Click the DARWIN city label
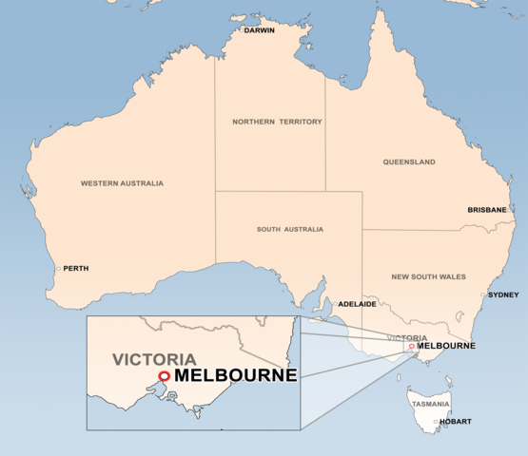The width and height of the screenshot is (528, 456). tap(259, 30)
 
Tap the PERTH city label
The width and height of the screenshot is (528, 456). tap(75, 269)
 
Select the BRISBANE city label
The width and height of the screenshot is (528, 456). tap(487, 210)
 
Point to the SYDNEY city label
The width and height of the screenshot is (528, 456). tap(503, 294)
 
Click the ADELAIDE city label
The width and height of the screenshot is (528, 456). tap(358, 304)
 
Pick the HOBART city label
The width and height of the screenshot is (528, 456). tap(456, 421)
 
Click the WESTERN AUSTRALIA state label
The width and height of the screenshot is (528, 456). tap(122, 183)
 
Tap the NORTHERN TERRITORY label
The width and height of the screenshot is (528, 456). tap(277, 122)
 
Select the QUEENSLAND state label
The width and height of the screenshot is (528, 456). tap(409, 162)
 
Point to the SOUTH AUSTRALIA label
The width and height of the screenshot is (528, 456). tap(289, 229)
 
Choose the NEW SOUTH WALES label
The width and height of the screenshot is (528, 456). tap(428, 276)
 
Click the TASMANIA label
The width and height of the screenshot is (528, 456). tap(431, 404)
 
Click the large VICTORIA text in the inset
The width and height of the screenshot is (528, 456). tap(154, 360)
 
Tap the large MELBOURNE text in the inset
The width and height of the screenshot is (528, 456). tap(236, 376)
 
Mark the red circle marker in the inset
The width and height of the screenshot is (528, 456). tap(164, 376)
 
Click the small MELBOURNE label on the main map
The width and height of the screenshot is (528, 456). tap(445, 345)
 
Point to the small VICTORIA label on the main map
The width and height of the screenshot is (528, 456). tap(407, 338)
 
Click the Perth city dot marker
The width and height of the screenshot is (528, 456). tap(58, 269)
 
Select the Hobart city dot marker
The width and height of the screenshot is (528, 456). tap(437, 421)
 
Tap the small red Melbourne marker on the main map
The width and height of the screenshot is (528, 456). tap(411, 347)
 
